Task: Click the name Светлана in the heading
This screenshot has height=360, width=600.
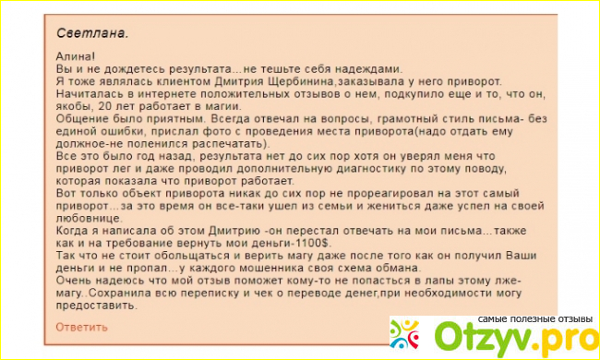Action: point(91,32)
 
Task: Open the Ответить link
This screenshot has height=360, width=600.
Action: point(81,326)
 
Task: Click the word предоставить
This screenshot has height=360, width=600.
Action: point(95,304)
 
